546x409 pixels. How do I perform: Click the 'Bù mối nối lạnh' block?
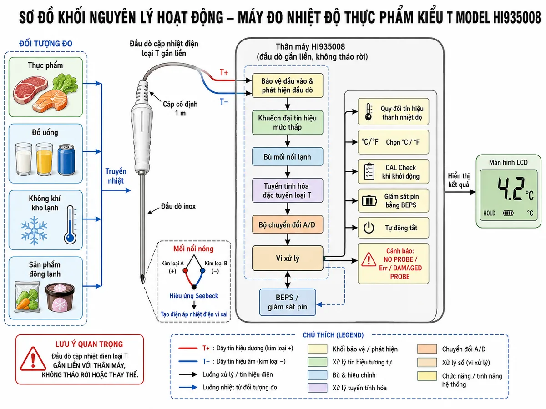[x=288, y=157]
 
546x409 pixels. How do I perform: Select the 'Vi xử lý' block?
[x=288, y=258]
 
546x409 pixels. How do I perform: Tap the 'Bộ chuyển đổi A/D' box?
[x=288, y=224]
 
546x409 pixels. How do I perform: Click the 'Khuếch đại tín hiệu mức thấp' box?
[x=288, y=122]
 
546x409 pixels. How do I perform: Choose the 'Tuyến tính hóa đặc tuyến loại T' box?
[x=288, y=190]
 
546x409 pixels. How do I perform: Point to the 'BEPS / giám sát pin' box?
[x=288, y=302]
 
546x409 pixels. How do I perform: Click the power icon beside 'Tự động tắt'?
[x=369, y=228]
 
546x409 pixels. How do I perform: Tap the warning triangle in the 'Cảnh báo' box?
[x=369, y=259]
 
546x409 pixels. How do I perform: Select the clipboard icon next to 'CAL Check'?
[x=369, y=171]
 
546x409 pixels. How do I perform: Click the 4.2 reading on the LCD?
[x=511, y=189]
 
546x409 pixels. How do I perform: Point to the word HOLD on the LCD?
[x=489, y=213]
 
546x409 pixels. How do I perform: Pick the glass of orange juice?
[x=44, y=159]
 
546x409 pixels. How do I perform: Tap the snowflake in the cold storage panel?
[x=34, y=230]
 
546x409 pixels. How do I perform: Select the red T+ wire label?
[x=224, y=73]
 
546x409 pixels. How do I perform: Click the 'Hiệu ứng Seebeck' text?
[x=194, y=296]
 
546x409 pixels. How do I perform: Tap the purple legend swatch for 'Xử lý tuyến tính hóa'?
[x=318, y=388]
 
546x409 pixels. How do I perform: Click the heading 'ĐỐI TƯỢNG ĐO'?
[x=46, y=44]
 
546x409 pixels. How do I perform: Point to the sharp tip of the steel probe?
[x=143, y=283]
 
